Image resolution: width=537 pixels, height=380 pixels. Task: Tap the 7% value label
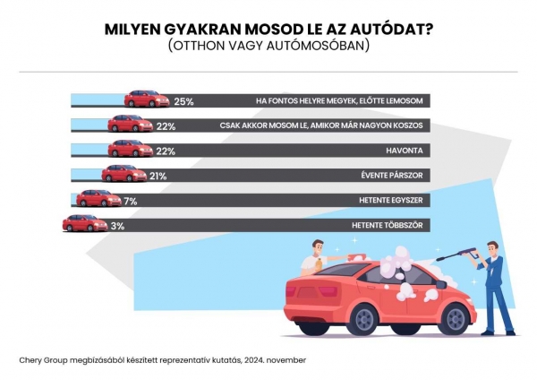coord(130,202)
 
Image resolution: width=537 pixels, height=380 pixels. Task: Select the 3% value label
coord(116,227)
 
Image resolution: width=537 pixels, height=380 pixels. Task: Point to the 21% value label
coord(158,177)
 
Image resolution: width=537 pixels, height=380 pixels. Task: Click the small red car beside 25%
coord(147,99)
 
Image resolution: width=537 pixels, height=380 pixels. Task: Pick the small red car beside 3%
coord(84,223)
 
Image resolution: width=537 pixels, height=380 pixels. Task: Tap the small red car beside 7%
coord(98,198)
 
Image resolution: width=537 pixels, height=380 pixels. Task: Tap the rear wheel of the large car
coord(456,316)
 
